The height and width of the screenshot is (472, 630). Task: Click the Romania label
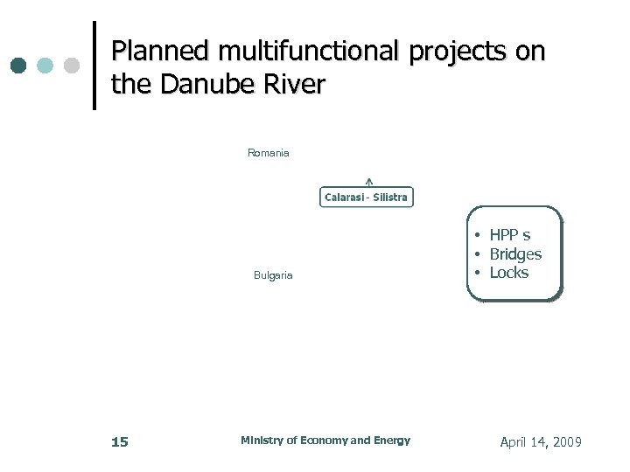269,153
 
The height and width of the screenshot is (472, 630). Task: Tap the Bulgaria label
273,275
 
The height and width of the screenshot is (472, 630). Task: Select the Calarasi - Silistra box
366,198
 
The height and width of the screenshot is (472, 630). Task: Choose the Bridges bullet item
514,254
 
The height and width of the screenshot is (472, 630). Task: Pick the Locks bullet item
508,273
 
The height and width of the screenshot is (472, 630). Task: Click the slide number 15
120,442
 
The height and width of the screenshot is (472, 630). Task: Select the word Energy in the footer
391,441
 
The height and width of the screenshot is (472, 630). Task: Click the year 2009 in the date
563,442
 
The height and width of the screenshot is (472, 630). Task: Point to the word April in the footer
514,442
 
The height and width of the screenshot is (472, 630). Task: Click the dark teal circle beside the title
18,66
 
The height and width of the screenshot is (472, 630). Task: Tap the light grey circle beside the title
72,66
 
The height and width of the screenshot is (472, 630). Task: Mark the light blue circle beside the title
45,66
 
